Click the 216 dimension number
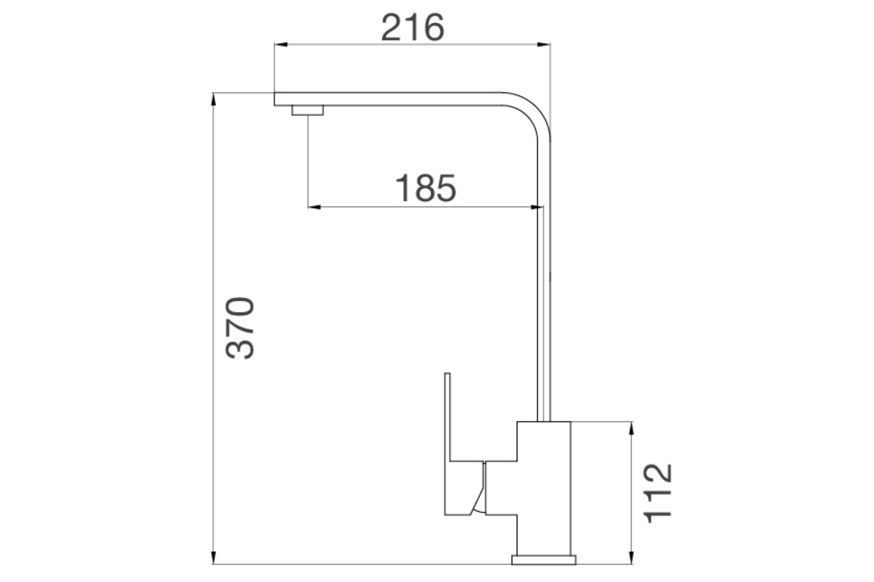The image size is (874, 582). coord(413,27)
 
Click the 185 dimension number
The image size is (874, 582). coord(425,188)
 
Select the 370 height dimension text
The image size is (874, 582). coord(240,328)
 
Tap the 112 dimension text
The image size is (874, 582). coord(658,493)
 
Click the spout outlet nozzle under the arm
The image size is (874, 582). coord(307,111)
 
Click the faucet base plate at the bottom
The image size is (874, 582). coord(544,560)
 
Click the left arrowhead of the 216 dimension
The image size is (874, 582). coord(280,44)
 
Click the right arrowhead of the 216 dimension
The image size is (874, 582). coord(544,44)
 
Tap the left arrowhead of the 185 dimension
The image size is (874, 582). coord(313,207)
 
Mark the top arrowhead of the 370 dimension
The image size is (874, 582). coord(214,99)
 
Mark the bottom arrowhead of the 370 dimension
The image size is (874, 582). coord(214,558)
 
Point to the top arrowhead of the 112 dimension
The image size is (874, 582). coord(631,428)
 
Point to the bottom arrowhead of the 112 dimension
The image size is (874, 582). coord(631,558)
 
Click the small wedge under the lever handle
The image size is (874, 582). coord(480,495)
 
